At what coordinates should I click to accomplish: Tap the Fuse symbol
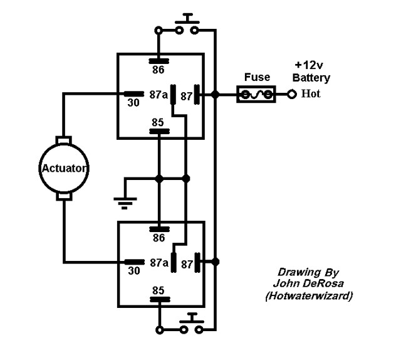point(256,95)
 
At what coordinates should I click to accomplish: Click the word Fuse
point(258,78)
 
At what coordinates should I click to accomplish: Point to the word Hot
point(312,95)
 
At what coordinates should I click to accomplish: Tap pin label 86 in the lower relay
point(158,238)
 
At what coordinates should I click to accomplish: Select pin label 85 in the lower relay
point(158,290)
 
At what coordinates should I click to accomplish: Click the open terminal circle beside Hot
point(291,95)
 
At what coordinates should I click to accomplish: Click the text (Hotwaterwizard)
point(307,294)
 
